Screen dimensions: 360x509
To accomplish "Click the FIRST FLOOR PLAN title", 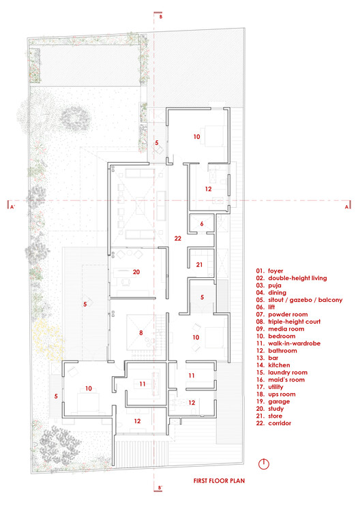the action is (x=219, y=481).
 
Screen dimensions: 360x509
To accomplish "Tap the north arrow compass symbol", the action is (x=264, y=464).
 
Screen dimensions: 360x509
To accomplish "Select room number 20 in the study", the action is (x=136, y=272).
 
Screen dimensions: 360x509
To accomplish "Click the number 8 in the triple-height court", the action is (x=141, y=333).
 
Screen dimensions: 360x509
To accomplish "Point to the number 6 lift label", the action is (x=202, y=223).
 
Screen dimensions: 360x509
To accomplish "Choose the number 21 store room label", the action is (x=199, y=265).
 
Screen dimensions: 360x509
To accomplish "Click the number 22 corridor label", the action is (x=177, y=238).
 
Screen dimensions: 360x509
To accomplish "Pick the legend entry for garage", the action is (x=273, y=401).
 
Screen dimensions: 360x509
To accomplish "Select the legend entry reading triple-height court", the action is (x=288, y=322).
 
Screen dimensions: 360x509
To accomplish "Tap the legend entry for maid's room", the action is (x=280, y=380).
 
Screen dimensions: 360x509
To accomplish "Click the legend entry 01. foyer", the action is (x=270, y=271).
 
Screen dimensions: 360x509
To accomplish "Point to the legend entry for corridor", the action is (x=273, y=423).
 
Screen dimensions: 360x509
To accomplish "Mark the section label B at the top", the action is (x=160, y=16).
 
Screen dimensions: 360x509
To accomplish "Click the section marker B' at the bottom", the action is (x=160, y=488).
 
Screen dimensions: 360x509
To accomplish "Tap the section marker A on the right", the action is (x=346, y=206).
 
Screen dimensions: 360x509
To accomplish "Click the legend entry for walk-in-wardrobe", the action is (x=288, y=343).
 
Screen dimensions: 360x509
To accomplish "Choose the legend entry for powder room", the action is (x=282, y=315).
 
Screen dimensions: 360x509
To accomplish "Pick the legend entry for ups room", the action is (x=276, y=395).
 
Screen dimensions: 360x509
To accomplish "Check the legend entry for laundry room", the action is (x=282, y=373).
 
